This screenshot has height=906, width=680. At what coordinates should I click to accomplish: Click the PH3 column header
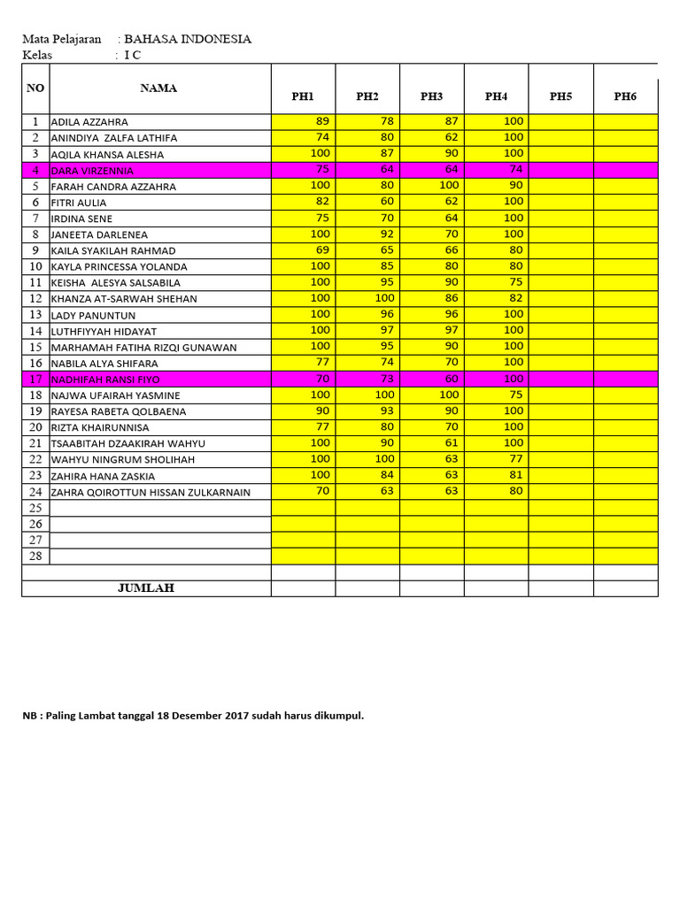431,96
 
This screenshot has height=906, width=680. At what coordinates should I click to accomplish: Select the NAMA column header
158,88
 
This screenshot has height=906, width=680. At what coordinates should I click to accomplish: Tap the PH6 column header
625,96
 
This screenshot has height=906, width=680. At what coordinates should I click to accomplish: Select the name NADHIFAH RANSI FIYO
105,380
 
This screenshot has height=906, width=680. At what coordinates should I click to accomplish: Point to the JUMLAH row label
146,587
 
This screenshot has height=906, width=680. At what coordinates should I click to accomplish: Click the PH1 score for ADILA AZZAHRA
321,121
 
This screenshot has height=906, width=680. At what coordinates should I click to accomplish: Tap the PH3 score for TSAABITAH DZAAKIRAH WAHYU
451,442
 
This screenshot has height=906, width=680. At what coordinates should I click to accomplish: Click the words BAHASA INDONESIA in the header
187,39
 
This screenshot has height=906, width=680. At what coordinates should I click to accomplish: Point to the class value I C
132,55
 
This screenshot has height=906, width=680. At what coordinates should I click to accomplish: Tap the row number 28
35,556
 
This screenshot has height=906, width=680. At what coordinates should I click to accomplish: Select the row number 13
35,315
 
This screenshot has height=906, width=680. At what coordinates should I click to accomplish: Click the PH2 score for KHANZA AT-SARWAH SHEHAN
384,298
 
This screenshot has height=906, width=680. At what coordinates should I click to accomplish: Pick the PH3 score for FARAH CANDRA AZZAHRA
449,185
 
